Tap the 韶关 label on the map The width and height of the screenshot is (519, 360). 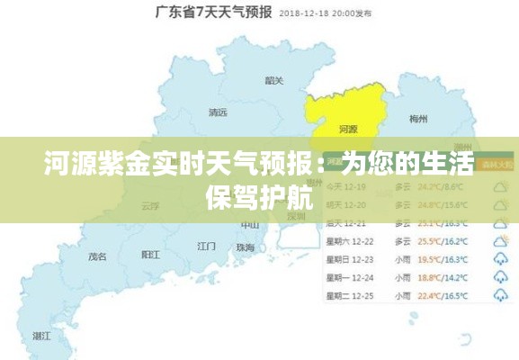point(274,81)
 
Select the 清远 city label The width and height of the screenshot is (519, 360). point(218,113)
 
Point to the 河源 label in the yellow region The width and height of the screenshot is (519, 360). point(347,130)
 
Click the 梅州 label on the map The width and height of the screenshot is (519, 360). point(418,119)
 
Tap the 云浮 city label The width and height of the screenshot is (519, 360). point(150,205)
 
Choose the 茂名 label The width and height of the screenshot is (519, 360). point(96,256)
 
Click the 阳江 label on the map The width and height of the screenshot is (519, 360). point(151,256)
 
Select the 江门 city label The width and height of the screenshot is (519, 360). point(206,246)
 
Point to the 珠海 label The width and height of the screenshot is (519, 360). point(245,247)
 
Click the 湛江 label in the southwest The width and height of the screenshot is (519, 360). point(41,335)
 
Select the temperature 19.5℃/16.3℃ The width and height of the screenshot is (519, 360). point(441,259)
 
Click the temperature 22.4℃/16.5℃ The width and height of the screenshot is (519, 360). point(441,295)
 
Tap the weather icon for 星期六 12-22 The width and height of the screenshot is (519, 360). point(500,240)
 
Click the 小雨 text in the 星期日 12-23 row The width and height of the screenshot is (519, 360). point(402,259)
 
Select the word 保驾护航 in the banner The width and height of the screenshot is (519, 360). point(259,199)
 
